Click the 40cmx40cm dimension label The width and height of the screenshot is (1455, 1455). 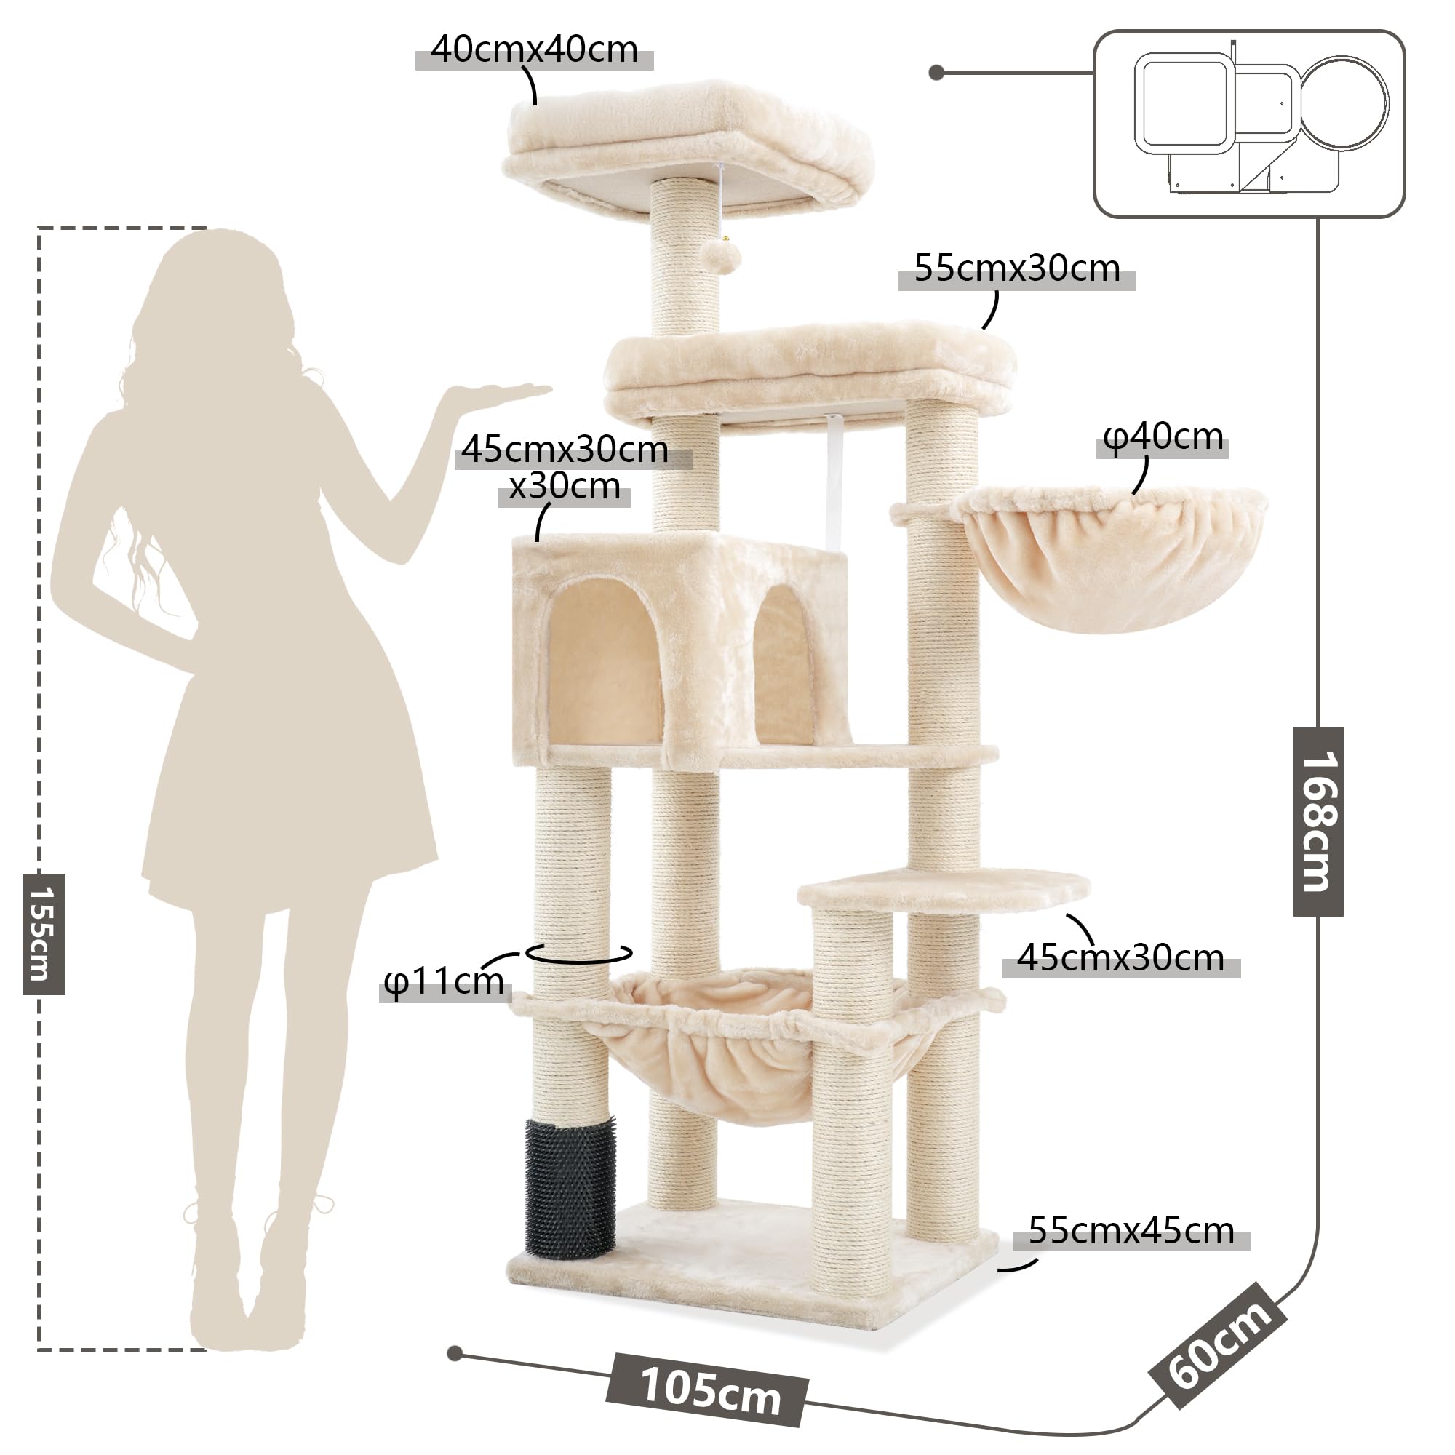pos(534,49)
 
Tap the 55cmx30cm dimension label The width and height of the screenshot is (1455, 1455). pos(1017,269)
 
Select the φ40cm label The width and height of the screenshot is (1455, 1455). pos(1163,437)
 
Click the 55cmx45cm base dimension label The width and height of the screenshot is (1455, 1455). pos(1131,1232)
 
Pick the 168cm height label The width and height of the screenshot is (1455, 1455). pos(1319,821)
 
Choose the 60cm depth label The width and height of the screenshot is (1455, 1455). pos(1218,1345)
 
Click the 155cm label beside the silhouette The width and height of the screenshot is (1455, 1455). pos(43,934)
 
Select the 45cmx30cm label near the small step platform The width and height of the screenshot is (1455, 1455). pos(1120,958)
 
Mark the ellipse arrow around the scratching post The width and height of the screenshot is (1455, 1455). pos(579,954)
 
